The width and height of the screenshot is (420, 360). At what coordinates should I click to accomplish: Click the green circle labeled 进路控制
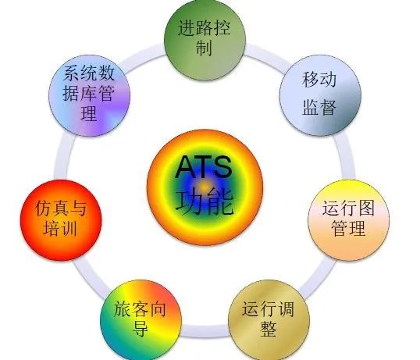point(205,39)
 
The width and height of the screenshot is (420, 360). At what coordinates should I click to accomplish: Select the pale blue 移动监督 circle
point(320,95)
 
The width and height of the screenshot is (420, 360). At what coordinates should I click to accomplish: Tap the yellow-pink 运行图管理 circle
point(348,220)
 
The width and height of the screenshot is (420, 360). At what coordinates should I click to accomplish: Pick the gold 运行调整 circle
point(269,320)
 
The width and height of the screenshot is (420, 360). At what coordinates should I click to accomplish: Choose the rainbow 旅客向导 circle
point(141,320)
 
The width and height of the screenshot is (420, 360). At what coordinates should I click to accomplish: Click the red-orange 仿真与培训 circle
point(61,220)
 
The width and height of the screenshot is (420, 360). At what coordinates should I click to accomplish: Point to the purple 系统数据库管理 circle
point(90,95)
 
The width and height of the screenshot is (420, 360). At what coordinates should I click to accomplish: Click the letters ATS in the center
point(203,167)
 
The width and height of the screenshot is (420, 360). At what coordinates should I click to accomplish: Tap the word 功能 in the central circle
point(205,201)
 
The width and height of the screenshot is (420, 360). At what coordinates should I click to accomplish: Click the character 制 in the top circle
point(204,48)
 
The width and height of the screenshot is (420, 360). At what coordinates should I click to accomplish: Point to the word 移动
point(319,80)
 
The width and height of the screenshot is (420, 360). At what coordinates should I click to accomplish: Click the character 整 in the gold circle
point(269,329)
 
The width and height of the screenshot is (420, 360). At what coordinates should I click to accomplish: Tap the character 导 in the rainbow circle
point(141,329)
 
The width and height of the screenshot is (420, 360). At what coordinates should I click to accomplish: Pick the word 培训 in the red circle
point(61,228)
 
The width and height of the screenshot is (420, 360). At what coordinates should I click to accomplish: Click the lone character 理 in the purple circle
point(89,113)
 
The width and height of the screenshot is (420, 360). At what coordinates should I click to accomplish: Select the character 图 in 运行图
point(366,208)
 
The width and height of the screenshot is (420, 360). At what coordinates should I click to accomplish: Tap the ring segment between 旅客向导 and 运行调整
point(205,330)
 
